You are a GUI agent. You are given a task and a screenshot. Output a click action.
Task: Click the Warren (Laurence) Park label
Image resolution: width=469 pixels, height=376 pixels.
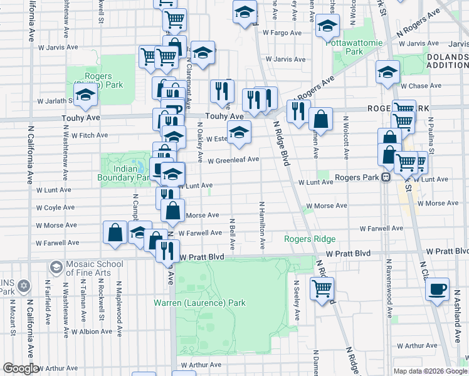click(200, 303)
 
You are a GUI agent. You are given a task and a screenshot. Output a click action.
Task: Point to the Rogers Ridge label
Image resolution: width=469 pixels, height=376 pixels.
click(310, 239)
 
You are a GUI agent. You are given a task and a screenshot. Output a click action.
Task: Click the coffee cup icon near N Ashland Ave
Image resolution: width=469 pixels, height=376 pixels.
click(437, 290)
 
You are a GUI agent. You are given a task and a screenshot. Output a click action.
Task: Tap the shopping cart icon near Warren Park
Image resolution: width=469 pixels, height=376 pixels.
click(322, 289)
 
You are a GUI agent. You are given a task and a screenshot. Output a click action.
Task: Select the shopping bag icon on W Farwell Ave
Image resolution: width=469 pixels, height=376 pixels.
click(115, 232)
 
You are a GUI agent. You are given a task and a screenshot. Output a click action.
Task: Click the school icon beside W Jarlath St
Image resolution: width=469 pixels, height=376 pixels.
click(84, 95)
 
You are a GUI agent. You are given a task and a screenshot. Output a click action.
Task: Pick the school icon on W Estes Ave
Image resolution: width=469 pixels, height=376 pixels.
click(239, 132)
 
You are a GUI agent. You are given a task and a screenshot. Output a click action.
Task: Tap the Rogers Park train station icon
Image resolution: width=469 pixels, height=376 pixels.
click(386, 177)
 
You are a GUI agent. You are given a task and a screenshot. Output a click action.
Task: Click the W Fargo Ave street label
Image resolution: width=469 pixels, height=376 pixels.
click(283, 31)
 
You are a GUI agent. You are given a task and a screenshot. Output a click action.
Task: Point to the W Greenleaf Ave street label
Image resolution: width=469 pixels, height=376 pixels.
click(234, 160)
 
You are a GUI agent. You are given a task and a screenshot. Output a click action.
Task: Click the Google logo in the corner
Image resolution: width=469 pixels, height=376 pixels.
click(21, 368)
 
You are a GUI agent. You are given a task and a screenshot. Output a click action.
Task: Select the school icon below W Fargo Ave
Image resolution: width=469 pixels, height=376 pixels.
click(327, 26)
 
